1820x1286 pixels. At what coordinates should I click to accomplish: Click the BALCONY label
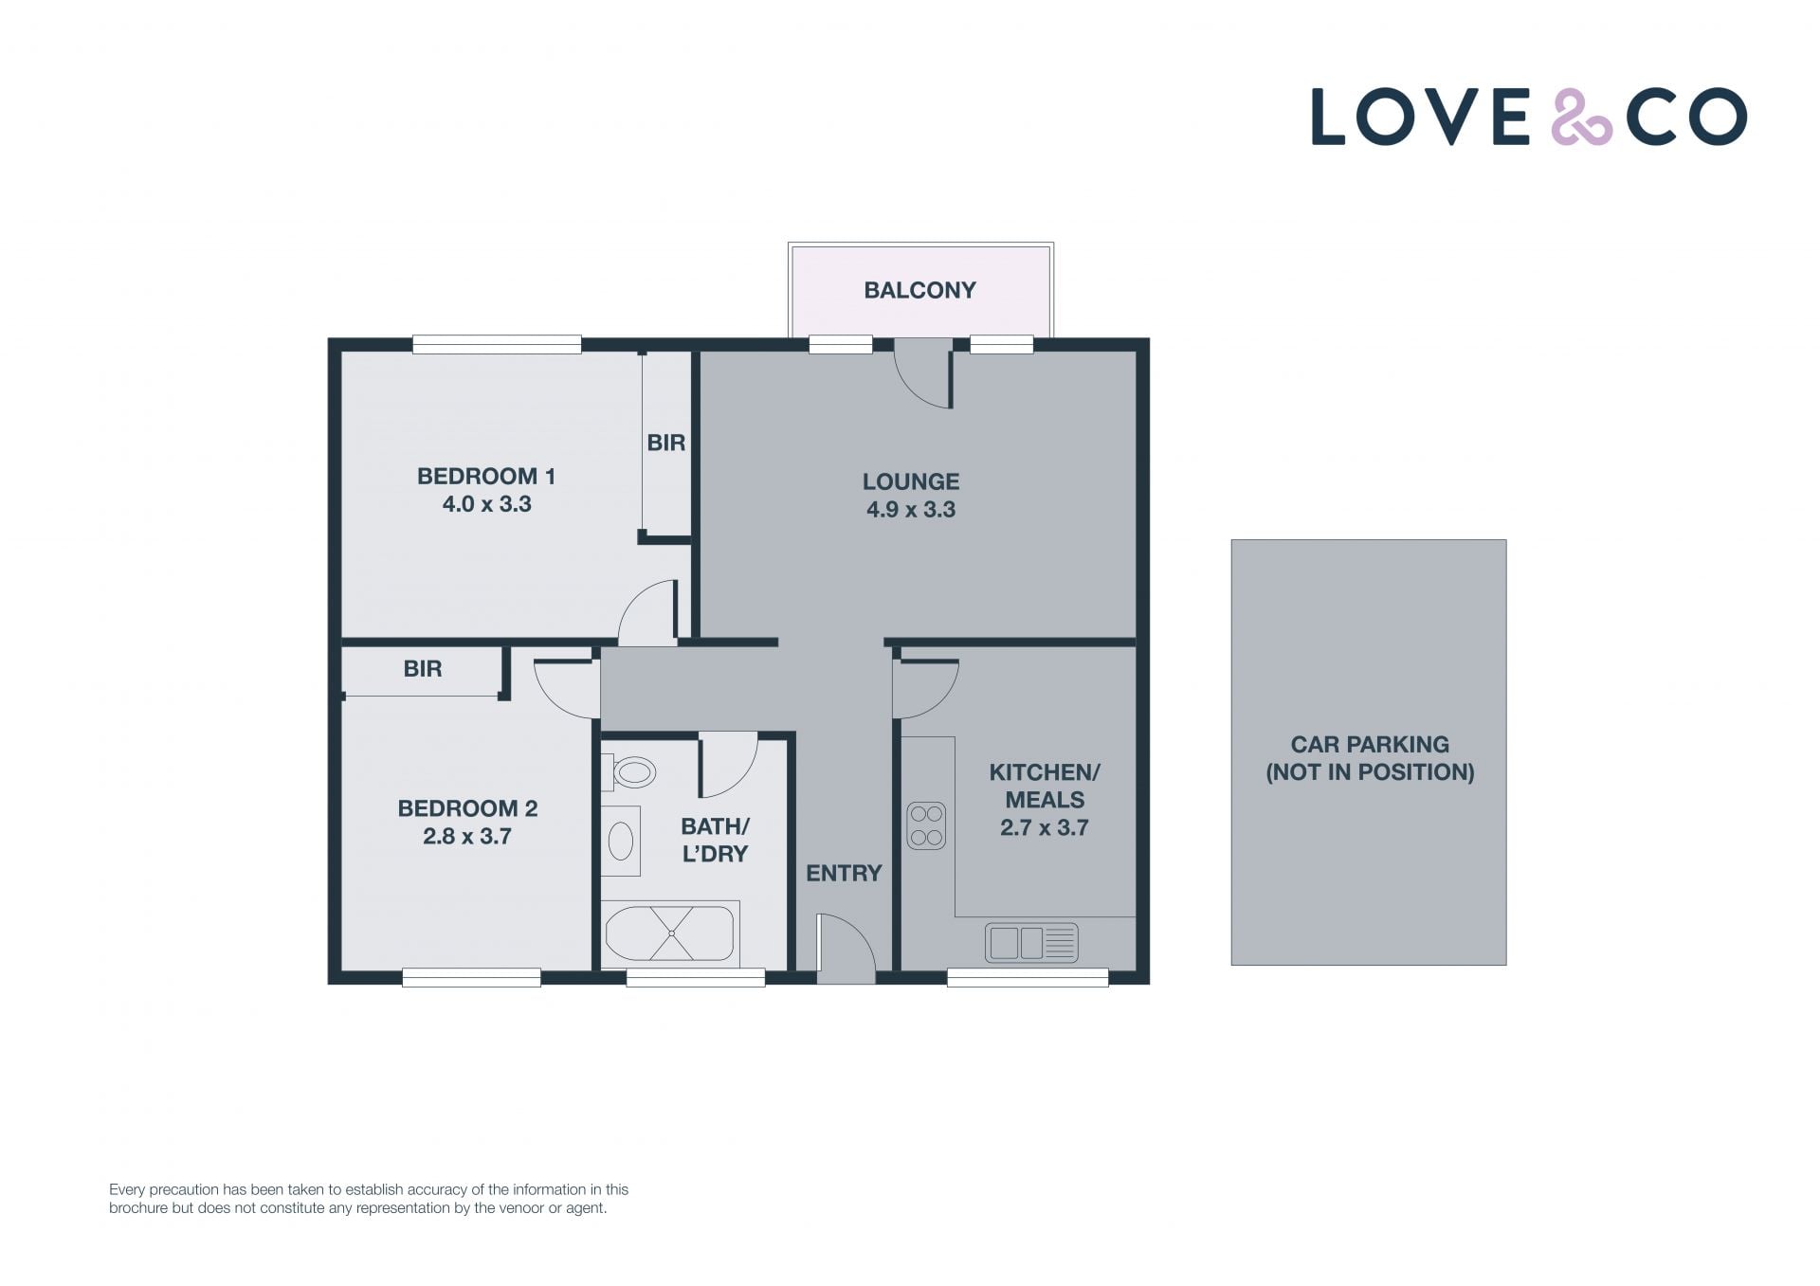click(919, 290)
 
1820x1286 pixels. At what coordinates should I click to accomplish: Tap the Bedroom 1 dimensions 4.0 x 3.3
click(486, 504)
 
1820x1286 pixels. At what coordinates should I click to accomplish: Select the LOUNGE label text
click(911, 481)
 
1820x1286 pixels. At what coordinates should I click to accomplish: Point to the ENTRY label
click(844, 873)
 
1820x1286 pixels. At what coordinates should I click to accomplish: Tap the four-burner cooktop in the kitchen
click(926, 825)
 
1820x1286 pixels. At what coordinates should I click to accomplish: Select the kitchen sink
click(1031, 943)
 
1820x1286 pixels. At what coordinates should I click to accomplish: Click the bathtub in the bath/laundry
click(670, 933)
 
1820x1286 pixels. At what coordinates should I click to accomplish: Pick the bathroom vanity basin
click(621, 841)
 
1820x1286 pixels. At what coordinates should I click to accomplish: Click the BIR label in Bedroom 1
click(665, 443)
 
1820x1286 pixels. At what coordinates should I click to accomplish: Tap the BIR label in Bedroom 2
click(423, 669)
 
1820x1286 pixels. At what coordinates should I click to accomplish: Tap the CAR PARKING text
click(1370, 745)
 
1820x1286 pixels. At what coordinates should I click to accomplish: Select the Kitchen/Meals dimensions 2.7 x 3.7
click(1044, 827)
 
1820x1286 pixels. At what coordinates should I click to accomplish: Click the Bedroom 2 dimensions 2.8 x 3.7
click(467, 836)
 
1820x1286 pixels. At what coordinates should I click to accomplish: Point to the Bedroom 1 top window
click(497, 345)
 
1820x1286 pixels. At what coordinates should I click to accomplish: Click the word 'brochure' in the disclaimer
click(138, 1208)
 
